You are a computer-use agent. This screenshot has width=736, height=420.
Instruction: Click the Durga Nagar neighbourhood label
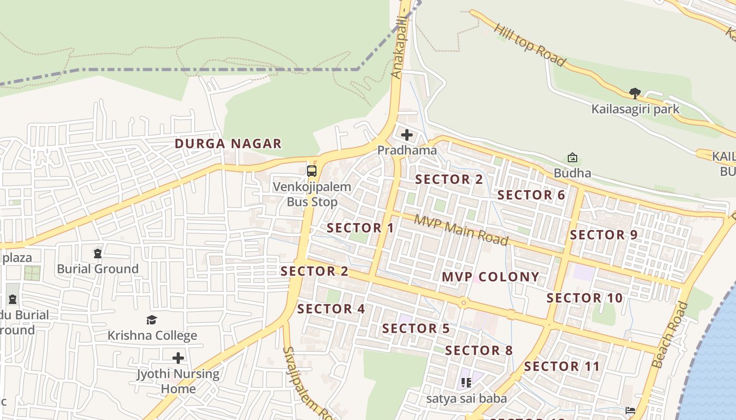[228, 143]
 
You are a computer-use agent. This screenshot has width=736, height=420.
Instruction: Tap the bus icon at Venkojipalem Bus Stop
[312, 171]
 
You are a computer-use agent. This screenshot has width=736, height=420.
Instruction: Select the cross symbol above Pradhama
[407, 135]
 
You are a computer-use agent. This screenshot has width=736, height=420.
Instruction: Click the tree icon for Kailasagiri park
[635, 94]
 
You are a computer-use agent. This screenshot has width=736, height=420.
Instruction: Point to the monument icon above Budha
[572, 157]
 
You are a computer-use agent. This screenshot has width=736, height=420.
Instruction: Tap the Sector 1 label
[360, 228]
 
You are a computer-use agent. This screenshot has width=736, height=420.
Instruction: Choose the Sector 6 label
[531, 195]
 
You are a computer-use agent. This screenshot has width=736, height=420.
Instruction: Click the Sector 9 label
[604, 235]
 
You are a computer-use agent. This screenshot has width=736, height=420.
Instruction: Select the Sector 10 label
[585, 298]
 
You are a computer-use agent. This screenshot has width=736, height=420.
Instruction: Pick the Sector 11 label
[561, 366]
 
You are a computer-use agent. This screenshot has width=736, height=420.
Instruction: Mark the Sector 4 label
[331, 309]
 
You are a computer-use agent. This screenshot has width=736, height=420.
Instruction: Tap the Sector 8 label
[478, 350]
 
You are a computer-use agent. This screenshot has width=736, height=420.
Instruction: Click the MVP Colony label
[490, 277]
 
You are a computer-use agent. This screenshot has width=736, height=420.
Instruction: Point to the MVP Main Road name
[461, 230]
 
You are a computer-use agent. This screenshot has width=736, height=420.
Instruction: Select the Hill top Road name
[530, 46]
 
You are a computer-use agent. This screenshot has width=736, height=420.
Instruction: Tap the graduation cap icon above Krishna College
[152, 320]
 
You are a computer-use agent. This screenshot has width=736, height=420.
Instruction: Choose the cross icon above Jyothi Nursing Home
[178, 358]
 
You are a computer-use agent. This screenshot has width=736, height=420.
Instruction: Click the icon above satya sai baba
[466, 383]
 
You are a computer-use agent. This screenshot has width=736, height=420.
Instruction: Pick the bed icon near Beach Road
[630, 410]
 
